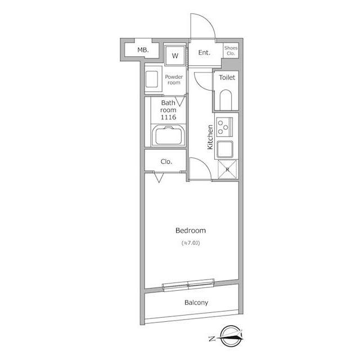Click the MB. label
coord(143,50)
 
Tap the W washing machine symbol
coord(175,56)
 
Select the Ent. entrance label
coord(204,52)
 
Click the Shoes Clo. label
coord(231,51)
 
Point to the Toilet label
coord(227,78)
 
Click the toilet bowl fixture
coord(226,100)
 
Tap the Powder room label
coord(174,80)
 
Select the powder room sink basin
coord(152,79)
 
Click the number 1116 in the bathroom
coord(168,118)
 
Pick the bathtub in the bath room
coord(168,136)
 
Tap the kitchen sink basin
coord(225,149)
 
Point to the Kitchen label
coord(210,137)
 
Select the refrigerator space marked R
coord(227,170)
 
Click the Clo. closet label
coord(166,161)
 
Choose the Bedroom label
coord(191,231)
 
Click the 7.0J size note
coord(191,243)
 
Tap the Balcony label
coord(196,303)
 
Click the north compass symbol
coord(230,336)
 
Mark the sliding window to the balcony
coord(188,285)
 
